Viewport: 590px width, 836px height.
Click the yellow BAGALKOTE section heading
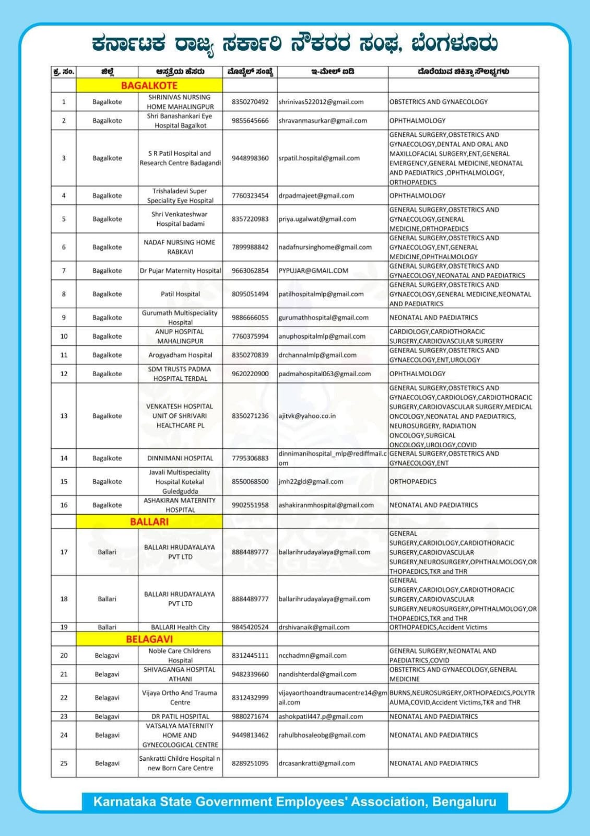[149, 86]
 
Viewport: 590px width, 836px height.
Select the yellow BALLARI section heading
[149, 521]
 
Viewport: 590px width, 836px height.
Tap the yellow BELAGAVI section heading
[149, 639]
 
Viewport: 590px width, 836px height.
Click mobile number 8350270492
[250, 102]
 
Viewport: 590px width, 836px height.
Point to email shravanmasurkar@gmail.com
[323, 121]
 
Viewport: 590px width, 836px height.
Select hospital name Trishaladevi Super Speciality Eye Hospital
[180, 196]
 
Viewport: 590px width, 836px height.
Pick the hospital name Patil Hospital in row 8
[180, 294]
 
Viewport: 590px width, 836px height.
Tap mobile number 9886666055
[250, 318]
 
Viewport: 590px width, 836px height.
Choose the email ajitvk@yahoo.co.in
[307, 416]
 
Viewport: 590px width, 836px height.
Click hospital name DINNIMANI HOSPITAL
[180, 458]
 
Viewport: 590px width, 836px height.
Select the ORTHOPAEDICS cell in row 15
[413, 482]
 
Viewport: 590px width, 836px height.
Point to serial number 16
[64, 505]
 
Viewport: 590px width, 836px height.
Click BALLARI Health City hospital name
[180, 627]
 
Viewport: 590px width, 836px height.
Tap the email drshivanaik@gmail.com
[314, 627]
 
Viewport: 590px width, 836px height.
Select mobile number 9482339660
[250, 675]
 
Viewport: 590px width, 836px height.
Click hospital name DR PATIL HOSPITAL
[180, 716]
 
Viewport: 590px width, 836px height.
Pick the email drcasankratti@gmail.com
[316, 763]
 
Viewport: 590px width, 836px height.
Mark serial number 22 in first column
[64, 698]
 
